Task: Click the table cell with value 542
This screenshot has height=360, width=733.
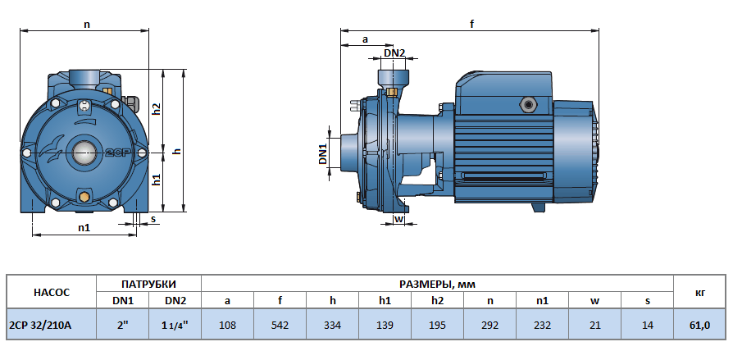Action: coord(280,325)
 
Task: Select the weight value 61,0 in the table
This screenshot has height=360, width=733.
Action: coord(699,325)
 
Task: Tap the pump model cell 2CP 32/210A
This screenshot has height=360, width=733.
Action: coord(39,325)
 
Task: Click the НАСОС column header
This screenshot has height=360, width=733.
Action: coord(51,291)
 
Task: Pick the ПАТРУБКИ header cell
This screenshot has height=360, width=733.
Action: coord(149,283)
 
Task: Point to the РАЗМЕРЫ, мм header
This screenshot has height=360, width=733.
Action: coord(437,283)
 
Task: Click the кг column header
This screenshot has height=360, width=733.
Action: coord(699,291)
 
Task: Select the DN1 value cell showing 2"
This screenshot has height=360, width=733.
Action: coord(123,325)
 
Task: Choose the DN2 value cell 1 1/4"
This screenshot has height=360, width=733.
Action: coord(175,325)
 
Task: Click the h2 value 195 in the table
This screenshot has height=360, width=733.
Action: coord(437,325)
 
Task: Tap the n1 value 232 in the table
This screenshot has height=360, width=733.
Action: coord(542,325)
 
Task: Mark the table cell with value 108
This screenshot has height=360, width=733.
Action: coord(227,325)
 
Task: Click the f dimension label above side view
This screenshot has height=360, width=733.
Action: coord(471,24)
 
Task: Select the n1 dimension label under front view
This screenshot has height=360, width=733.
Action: coord(84,228)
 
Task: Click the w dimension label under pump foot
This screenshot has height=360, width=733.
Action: coord(398,219)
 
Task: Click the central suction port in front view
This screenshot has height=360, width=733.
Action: coord(84,152)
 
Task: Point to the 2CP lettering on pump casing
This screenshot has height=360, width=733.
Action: coord(114,153)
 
